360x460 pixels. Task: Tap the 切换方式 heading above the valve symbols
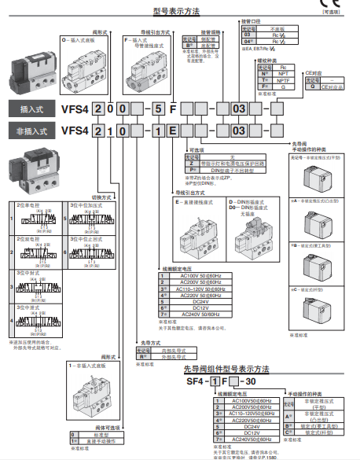103,197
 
